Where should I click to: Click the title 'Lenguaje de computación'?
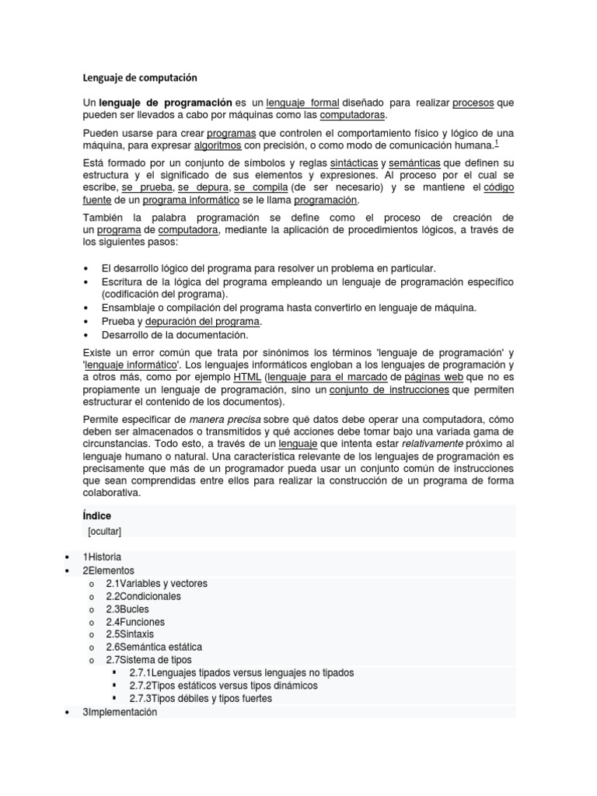pyautogui.click(x=140, y=78)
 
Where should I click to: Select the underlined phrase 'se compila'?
pyautogui.click(x=261, y=187)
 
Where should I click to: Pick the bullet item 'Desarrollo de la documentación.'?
pyautogui.click(x=175, y=335)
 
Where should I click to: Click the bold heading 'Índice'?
pyautogui.click(x=96, y=515)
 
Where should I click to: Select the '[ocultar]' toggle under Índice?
pyautogui.click(x=104, y=531)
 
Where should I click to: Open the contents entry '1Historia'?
pyautogui.click(x=102, y=557)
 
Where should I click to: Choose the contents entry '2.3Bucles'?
pyautogui.click(x=127, y=609)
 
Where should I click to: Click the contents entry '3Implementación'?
pyautogui.click(x=120, y=711)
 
